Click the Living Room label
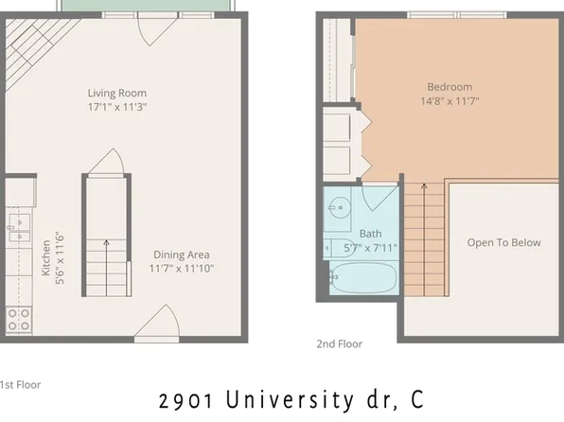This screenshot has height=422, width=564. tap(117, 93)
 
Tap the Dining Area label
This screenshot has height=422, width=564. tap(181, 255)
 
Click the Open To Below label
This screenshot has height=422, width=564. tap(503, 242)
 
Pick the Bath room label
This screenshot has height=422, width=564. tap(369, 235)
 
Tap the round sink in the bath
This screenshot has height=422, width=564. tap(339, 205)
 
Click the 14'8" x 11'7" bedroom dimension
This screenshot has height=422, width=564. tap(449, 100)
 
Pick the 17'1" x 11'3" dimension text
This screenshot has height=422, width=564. tap(117, 107)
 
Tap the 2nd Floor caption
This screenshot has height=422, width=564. tap(339, 344)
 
